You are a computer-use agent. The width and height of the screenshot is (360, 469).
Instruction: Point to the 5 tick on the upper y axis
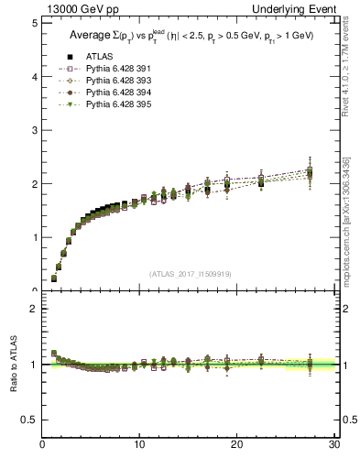pyautogui.click(x=34, y=24)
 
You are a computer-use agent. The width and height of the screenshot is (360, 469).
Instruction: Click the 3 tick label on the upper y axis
pyautogui.click(x=34, y=131)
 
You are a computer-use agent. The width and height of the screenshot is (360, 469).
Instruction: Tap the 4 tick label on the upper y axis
pyautogui.click(x=34, y=77)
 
